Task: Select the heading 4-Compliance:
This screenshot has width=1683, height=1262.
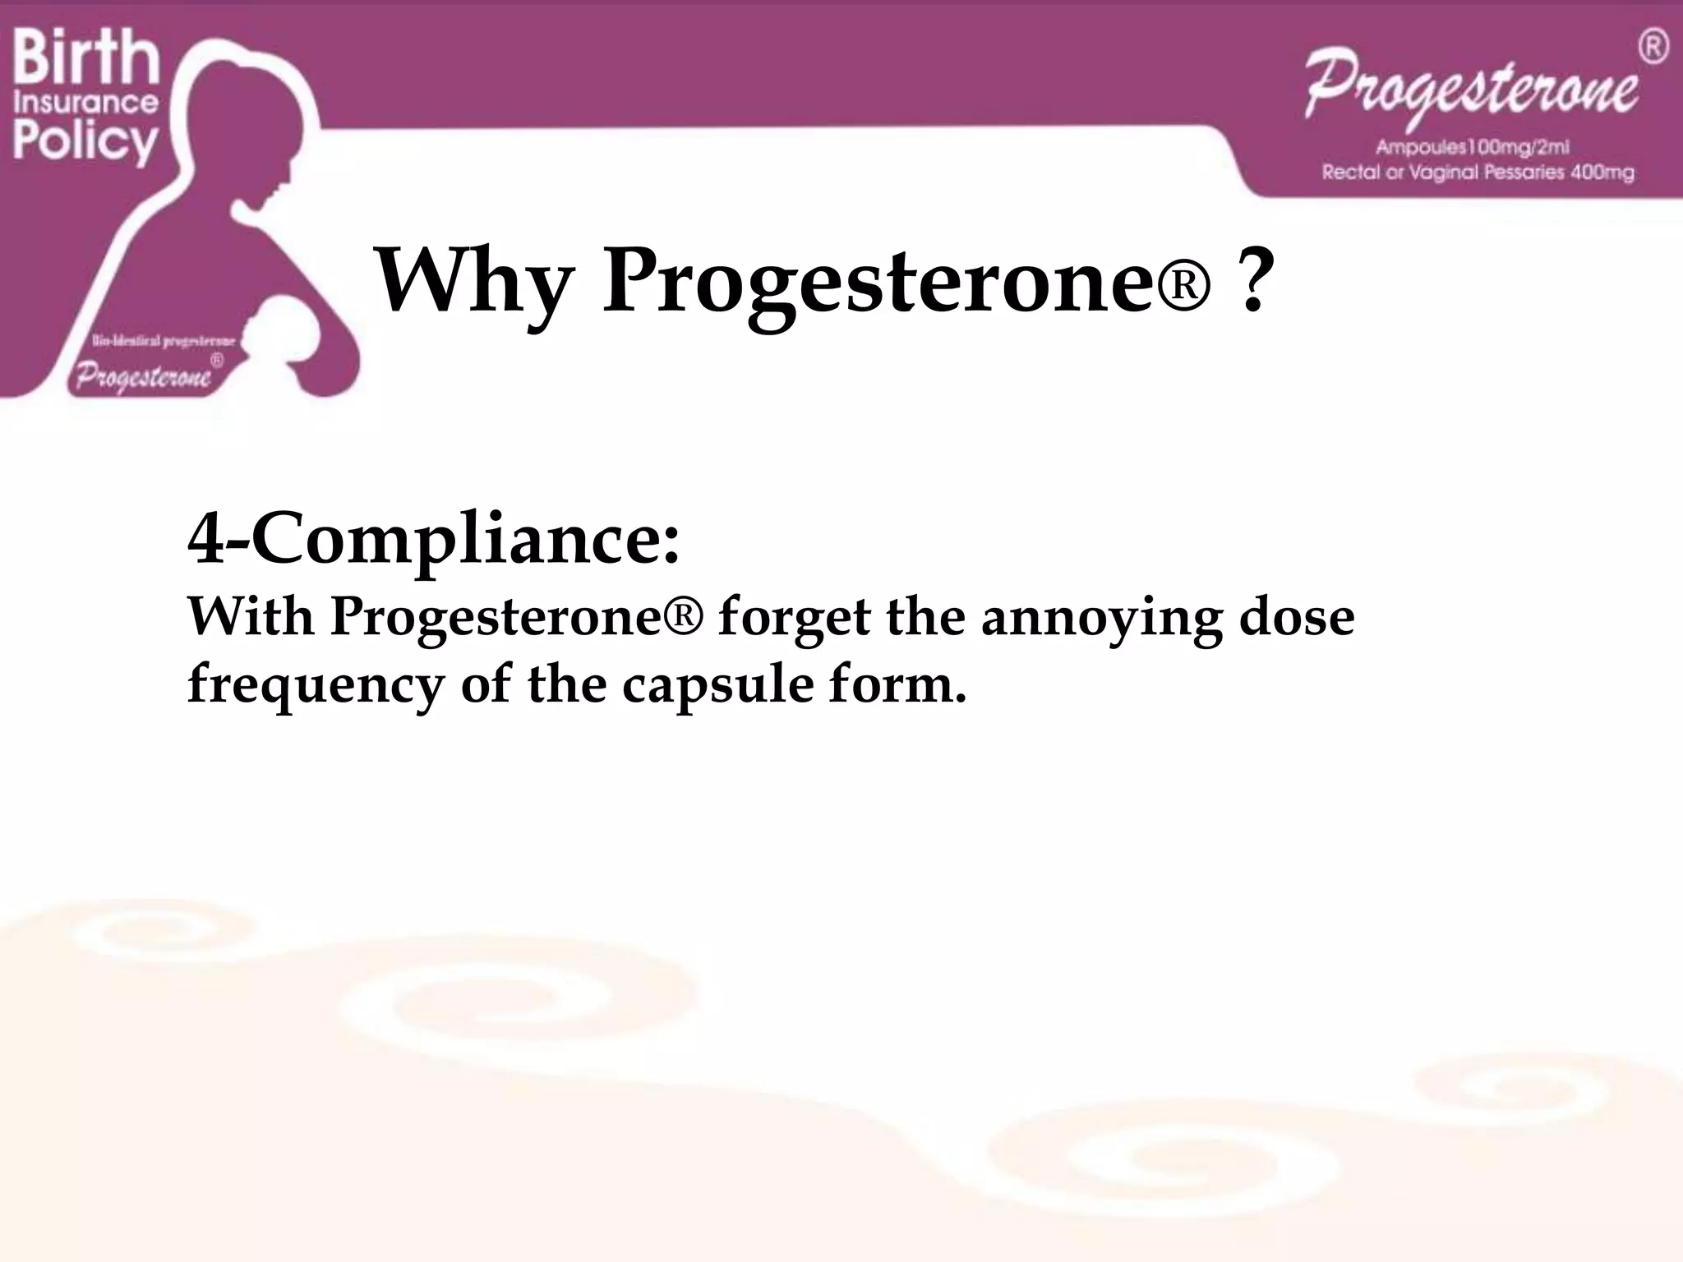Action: tap(434, 540)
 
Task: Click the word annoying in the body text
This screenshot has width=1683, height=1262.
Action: tap(1101, 618)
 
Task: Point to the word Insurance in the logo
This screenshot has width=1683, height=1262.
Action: tap(85, 103)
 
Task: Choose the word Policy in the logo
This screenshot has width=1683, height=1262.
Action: tap(85, 141)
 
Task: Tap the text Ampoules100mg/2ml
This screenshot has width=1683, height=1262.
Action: tap(1473, 148)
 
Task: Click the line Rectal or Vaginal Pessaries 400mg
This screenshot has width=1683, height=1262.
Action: tap(1478, 173)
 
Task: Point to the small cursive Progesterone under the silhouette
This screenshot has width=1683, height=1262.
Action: tap(144, 376)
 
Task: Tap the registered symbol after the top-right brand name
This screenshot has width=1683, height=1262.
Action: tap(1653, 48)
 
